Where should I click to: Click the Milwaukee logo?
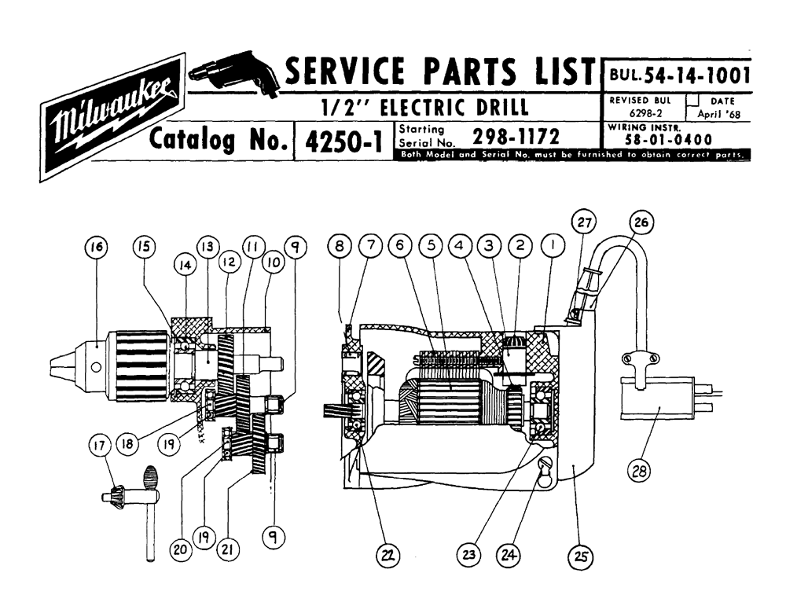[112, 117]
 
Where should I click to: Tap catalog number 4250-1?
[343, 141]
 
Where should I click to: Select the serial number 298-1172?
[516, 136]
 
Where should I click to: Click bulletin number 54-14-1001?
[697, 75]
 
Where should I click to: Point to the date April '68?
[719, 114]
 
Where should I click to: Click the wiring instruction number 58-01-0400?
[668, 139]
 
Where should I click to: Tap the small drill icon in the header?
[234, 74]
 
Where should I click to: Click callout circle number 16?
[97, 247]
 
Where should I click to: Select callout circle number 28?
[639, 471]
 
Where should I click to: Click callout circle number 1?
[553, 245]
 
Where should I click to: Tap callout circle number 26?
[641, 222]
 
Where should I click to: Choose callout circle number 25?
[581, 556]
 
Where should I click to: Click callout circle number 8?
[340, 246]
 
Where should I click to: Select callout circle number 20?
[180, 549]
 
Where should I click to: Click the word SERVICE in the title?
[345, 70]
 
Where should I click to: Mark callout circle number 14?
[185, 265]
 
